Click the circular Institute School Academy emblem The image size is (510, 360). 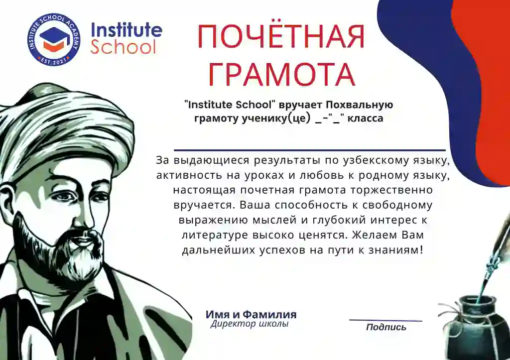click(53, 40)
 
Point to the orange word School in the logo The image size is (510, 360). click(123, 48)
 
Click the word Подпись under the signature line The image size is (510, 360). click(386, 327)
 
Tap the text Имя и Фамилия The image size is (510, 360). click(251, 315)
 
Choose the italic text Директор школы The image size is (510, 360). click(249, 324)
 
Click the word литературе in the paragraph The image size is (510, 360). click(215, 235)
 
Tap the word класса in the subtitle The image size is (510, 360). click(365, 119)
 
